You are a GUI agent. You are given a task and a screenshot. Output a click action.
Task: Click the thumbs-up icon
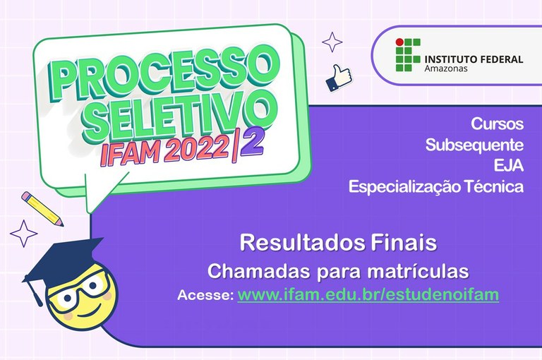[x=339, y=78]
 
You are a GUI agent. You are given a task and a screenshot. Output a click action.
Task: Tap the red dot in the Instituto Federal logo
[x=399, y=42]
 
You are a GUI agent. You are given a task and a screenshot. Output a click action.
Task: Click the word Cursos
[x=497, y=124]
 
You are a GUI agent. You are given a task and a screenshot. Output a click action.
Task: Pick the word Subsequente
[x=474, y=145]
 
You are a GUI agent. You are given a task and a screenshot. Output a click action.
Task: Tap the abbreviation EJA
[x=508, y=166]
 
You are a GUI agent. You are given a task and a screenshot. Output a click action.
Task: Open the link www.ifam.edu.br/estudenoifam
[x=368, y=295]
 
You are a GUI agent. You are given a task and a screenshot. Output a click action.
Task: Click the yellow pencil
[x=42, y=209]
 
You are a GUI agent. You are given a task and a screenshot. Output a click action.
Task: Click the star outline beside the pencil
[x=23, y=234]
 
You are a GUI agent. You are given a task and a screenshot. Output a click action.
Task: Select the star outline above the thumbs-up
[x=332, y=42]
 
